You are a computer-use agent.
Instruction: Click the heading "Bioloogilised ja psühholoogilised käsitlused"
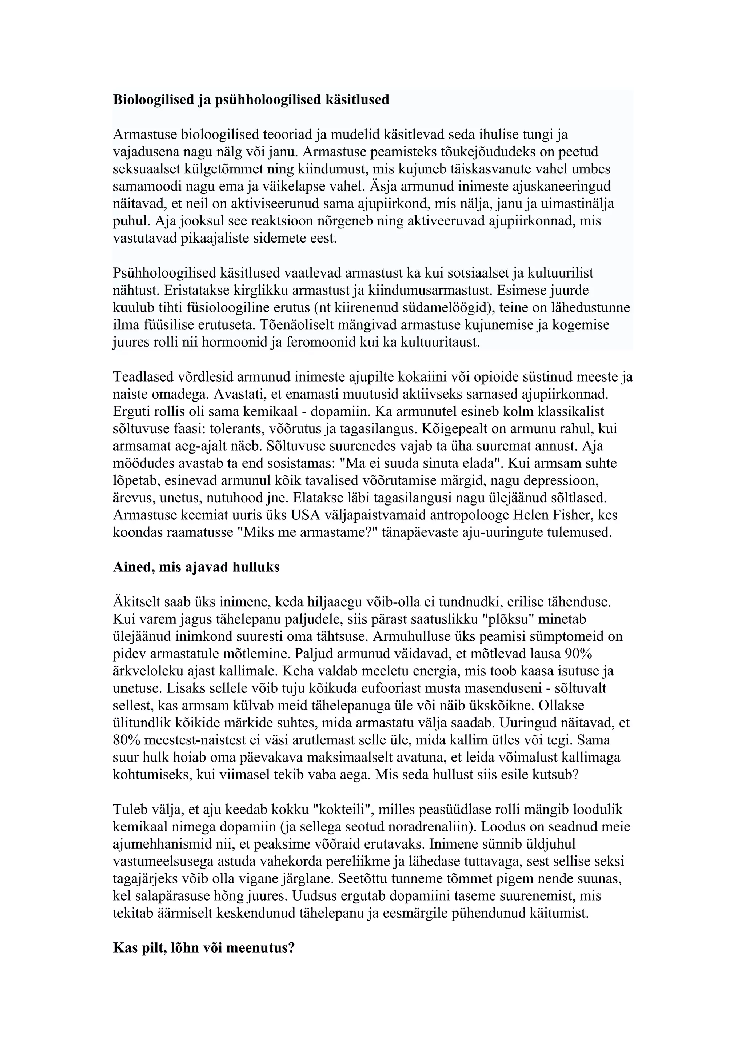(251, 100)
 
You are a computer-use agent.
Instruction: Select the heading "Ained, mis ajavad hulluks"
(196, 567)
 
